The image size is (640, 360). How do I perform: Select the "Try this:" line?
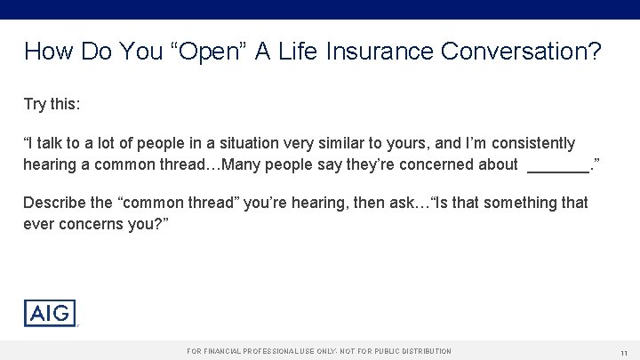pos(52,104)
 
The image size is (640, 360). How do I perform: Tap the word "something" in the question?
pos(492,203)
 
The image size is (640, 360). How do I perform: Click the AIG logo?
pos(50,313)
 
